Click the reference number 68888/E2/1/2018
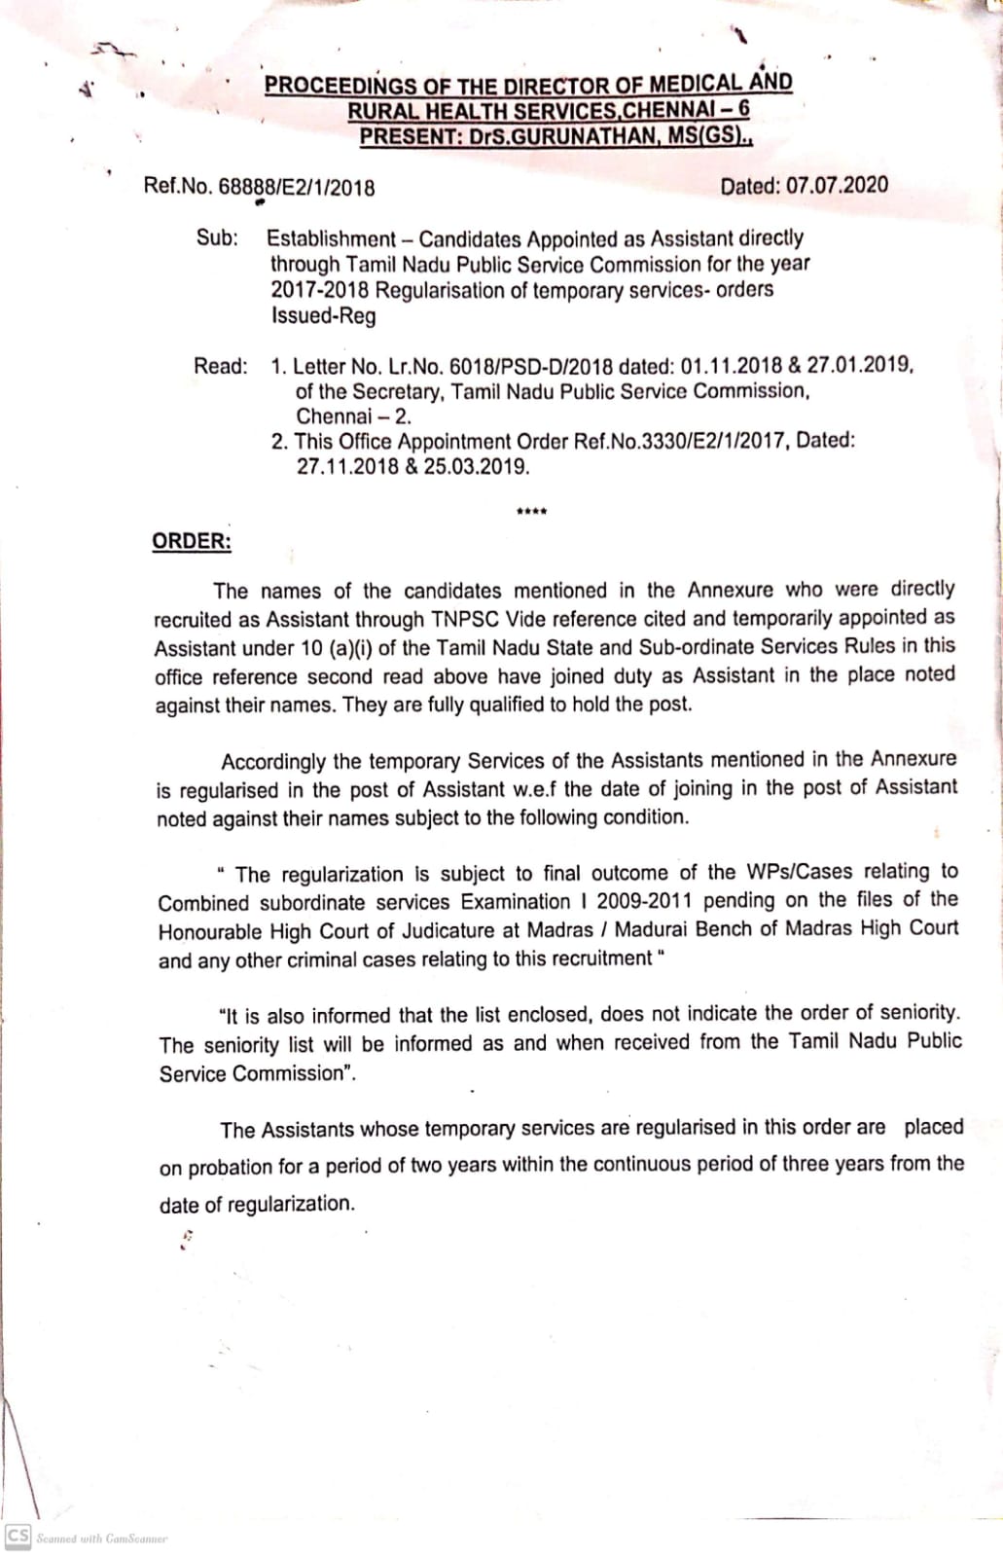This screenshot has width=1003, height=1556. click(297, 188)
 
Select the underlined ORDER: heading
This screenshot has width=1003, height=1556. click(192, 542)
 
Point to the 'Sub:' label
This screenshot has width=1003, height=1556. click(217, 237)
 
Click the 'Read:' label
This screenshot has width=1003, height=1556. click(221, 366)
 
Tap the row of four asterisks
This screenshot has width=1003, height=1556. click(532, 512)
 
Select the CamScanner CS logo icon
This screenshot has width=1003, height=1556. click(18, 1536)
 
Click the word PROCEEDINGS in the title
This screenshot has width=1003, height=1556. click(340, 86)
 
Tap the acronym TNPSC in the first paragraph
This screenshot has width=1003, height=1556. click(465, 619)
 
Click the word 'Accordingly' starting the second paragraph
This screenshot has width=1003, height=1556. click(275, 762)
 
